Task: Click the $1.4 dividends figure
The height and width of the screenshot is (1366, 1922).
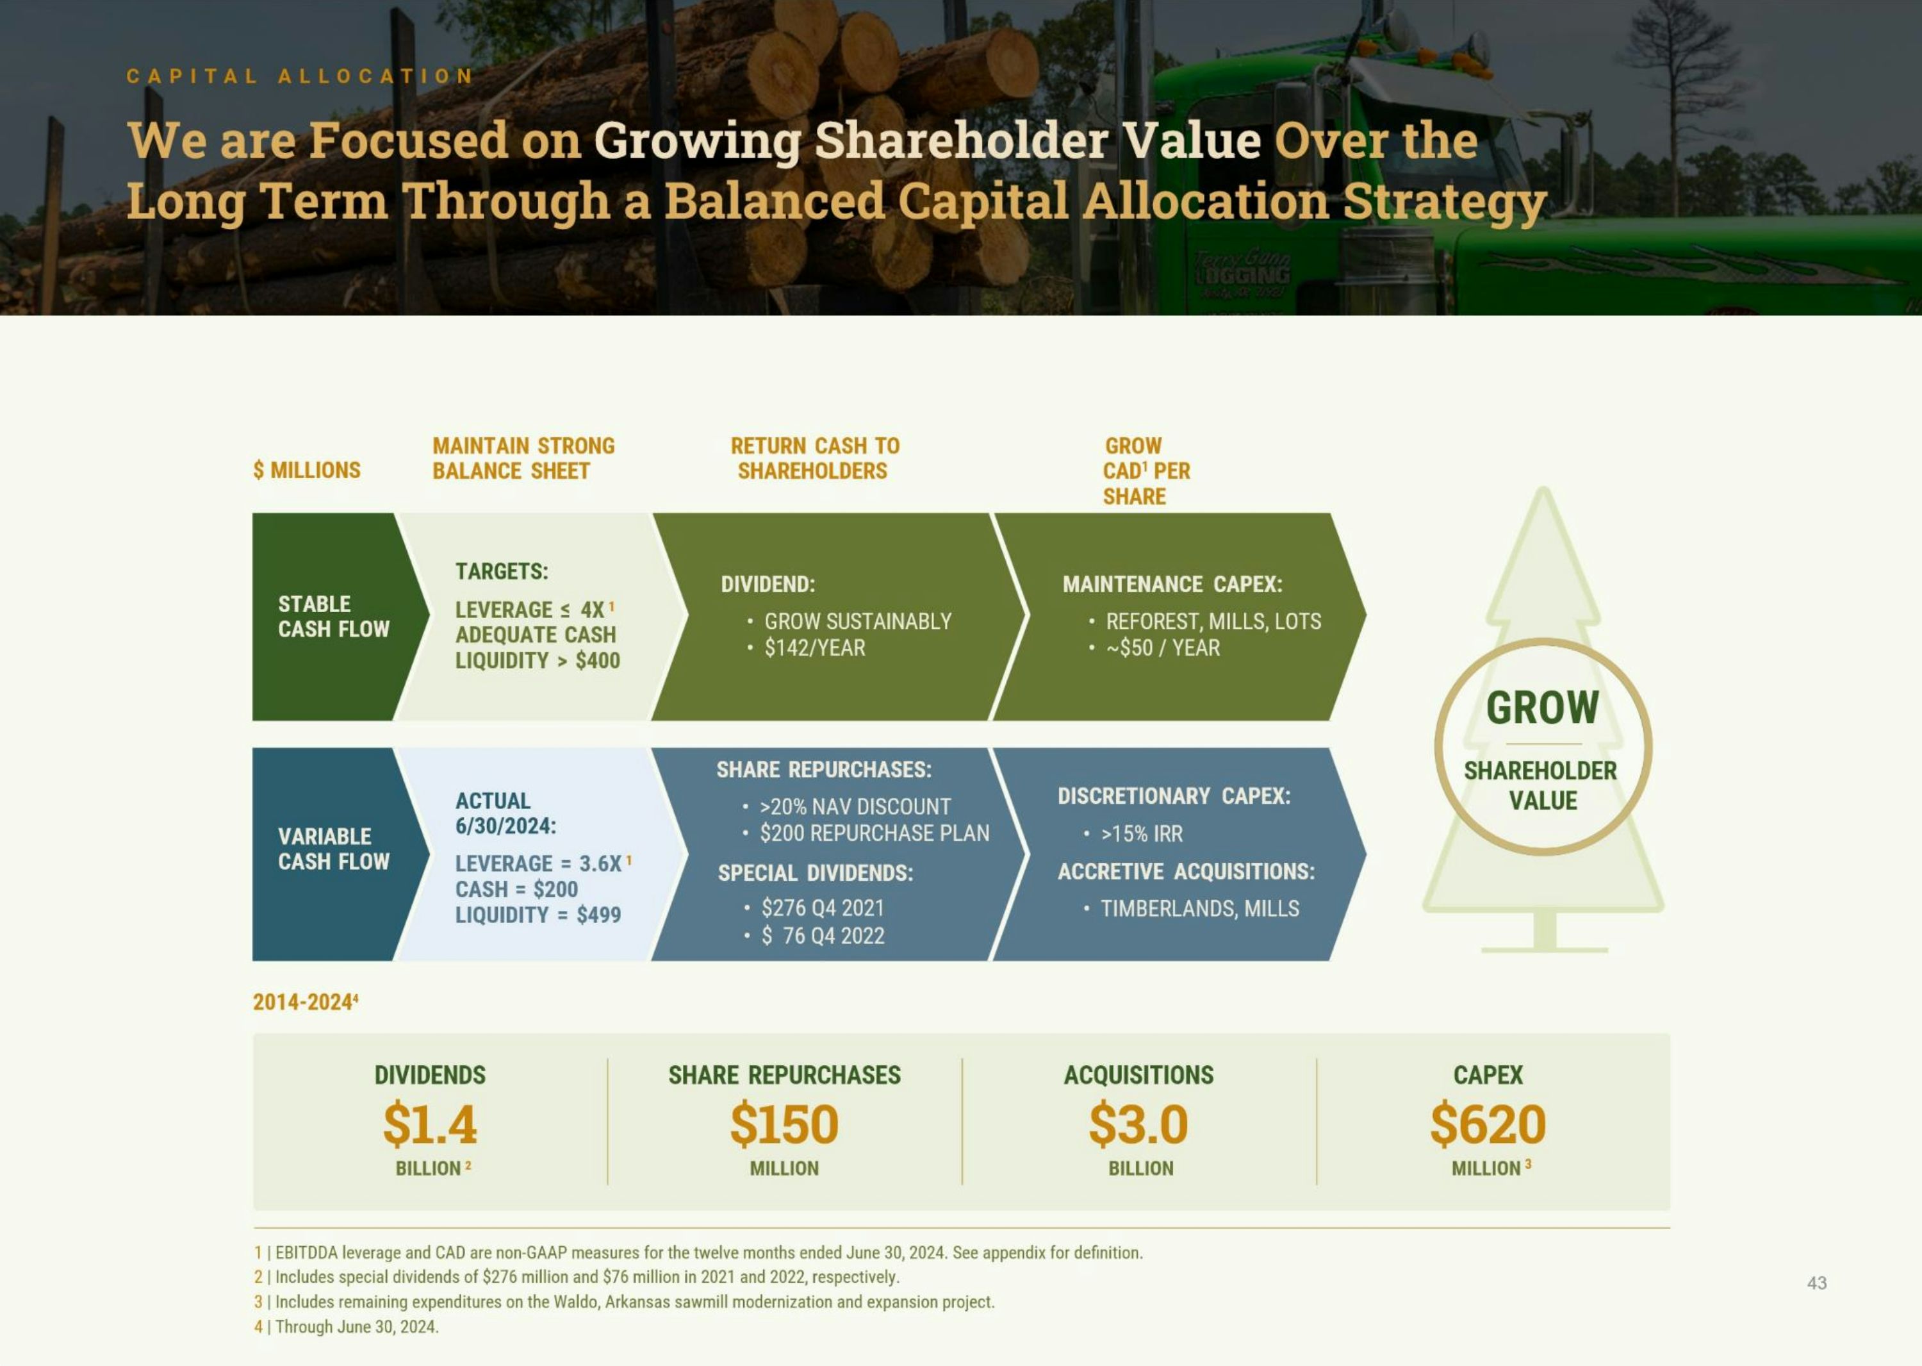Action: click(x=430, y=1124)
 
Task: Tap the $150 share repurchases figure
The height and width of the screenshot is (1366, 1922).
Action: click(x=784, y=1124)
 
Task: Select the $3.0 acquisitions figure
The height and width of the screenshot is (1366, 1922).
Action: click(x=1138, y=1124)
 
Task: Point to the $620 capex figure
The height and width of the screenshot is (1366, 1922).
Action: click(x=1488, y=1124)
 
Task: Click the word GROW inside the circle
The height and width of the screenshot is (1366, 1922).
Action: click(x=1543, y=708)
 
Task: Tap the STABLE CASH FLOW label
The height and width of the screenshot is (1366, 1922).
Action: click(x=334, y=617)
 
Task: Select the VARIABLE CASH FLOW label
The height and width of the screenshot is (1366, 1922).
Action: click(x=334, y=849)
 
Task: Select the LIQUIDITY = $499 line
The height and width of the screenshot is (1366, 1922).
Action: click(x=538, y=915)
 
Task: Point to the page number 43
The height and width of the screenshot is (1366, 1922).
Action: click(x=1817, y=1283)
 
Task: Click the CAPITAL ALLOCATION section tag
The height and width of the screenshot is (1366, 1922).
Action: click(x=300, y=76)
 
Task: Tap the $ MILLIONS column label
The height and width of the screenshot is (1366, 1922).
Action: click(x=307, y=471)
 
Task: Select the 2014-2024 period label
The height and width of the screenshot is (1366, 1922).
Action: click(x=305, y=1002)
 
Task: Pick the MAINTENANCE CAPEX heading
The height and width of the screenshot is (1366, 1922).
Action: click(x=1172, y=584)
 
